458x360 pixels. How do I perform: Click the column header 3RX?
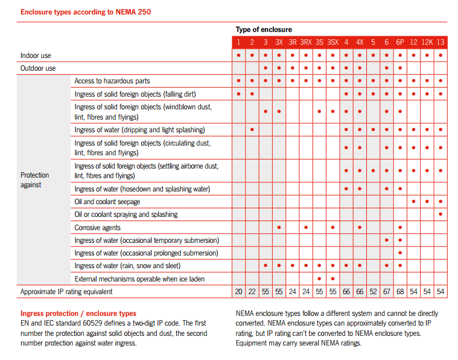tap(306, 42)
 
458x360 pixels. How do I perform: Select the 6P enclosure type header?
tap(400, 42)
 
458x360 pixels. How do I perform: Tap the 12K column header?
tap(427, 42)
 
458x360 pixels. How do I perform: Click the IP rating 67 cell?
tap(386, 292)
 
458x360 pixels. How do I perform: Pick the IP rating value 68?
tap(400, 292)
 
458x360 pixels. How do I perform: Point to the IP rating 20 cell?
tap(238, 292)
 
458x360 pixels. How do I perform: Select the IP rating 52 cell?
tap(373, 292)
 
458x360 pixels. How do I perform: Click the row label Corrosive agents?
tap(97, 228)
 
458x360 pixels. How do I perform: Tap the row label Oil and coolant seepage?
tap(107, 202)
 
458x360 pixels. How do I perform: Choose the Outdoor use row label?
tap(38, 68)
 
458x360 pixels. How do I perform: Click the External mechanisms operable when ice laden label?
tap(139, 279)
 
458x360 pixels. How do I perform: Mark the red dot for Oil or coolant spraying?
tap(441, 214)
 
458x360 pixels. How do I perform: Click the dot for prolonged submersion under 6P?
tap(400, 252)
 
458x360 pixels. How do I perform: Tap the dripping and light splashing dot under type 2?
tap(252, 129)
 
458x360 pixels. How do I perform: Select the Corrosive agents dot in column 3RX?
tap(306, 227)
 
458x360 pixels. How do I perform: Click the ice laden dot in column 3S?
tap(319, 278)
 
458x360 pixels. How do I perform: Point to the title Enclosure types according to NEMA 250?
tap(86, 12)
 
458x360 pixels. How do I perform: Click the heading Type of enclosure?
tap(264, 30)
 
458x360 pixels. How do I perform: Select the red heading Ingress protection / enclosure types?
tap(78, 313)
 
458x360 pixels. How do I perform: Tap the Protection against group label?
tap(34, 180)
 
